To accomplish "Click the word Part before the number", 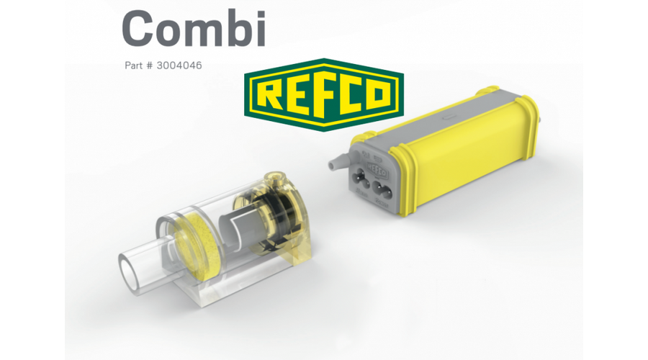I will tap(135, 66).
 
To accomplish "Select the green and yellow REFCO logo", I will tap(324, 94).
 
